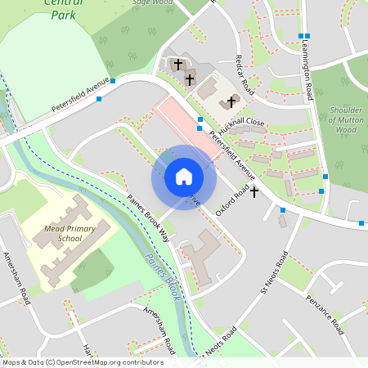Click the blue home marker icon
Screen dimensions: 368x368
click(x=184, y=177)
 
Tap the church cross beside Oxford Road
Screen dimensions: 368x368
click(x=254, y=191)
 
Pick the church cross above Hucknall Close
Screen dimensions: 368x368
click(x=231, y=102)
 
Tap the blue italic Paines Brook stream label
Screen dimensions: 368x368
click(x=162, y=276)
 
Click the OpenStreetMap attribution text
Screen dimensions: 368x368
click(x=83, y=361)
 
